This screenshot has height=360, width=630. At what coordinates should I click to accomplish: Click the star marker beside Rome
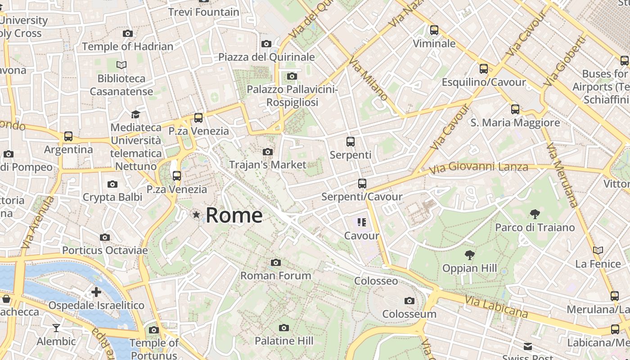pos(196,215)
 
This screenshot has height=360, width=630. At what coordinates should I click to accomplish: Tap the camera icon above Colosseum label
pos(409,301)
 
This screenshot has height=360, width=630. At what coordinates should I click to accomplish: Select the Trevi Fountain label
pos(204,12)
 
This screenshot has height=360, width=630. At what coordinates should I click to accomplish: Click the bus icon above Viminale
pos(434,30)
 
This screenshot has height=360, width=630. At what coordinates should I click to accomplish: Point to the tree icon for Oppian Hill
pos(469,255)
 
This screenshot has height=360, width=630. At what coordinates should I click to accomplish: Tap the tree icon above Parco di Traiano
pos(535,214)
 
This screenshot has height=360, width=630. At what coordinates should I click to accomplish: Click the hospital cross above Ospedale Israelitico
pos(96,292)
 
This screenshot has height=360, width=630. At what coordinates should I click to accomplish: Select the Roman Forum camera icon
pos(276,262)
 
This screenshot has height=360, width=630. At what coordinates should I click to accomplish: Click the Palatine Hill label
pos(284,341)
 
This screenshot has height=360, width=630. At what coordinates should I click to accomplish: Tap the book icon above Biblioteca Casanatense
pos(121,65)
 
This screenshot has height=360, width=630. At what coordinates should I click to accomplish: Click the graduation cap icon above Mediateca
pos(135,114)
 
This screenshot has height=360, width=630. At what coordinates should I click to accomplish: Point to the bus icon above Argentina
pos(68,136)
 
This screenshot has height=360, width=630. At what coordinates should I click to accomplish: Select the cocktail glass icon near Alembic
pos(56,328)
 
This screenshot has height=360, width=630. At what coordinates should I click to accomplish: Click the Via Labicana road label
pos(496,306)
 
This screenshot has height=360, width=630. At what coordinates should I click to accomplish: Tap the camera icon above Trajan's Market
pos(268,152)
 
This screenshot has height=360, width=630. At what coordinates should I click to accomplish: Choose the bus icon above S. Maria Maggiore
pos(515,109)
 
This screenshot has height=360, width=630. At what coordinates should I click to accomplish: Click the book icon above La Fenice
pos(598,251)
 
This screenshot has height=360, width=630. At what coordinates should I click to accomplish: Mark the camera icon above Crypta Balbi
pos(112,184)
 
